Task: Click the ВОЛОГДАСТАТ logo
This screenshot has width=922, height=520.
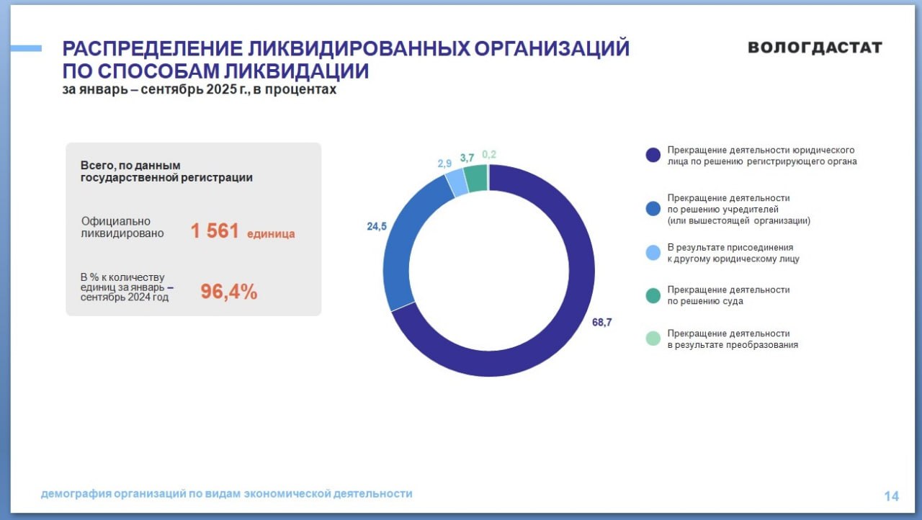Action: click(x=815, y=48)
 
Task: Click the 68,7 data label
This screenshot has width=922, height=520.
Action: click(x=601, y=323)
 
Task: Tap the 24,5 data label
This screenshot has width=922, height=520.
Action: click(x=377, y=226)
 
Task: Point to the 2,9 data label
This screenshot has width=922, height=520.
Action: click(x=444, y=163)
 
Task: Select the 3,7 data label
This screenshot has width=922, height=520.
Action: click(x=467, y=158)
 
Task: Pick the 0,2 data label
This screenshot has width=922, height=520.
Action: click(x=489, y=154)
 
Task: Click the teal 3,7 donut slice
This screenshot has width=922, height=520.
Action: click(x=475, y=178)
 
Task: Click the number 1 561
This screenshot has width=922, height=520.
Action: click(x=215, y=231)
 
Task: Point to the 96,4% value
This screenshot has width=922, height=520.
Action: click(x=228, y=292)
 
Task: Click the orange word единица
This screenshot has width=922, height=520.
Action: click(x=271, y=234)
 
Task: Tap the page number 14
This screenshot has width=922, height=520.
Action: click(x=891, y=496)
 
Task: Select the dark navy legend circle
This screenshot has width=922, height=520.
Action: click(x=653, y=156)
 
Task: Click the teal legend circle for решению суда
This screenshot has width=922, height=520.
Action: click(x=653, y=295)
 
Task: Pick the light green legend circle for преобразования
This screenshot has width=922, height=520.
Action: click(x=653, y=339)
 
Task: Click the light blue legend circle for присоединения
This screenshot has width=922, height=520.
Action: click(x=653, y=252)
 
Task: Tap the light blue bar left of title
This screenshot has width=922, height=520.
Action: click(x=26, y=48)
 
